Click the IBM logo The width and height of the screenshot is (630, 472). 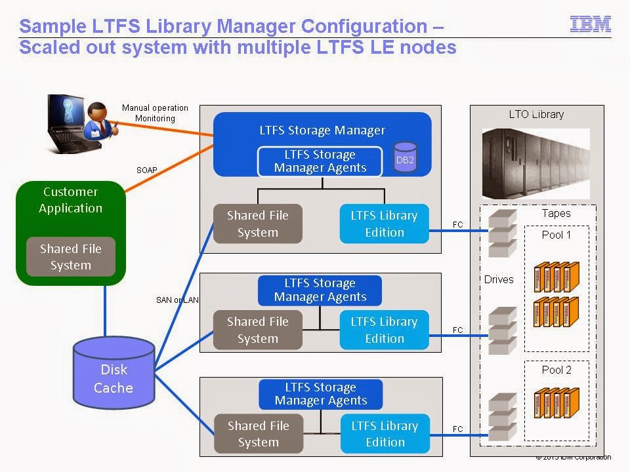(591, 24)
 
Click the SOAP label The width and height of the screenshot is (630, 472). (147, 170)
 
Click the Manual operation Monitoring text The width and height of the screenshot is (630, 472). (156, 113)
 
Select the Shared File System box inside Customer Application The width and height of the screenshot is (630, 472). (70, 257)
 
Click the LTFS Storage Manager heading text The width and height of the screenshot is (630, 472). (322, 130)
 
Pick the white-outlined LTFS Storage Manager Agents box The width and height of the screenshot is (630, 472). (320, 161)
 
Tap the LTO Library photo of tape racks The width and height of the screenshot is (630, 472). (535, 163)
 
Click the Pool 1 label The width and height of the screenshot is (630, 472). (556, 235)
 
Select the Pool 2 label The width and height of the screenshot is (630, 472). (556, 370)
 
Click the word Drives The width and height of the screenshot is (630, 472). (499, 279)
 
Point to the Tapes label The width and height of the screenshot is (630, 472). (556, 213)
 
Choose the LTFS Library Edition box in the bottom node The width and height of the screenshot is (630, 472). (385, 433)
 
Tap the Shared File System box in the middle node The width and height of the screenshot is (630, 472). (257, 330)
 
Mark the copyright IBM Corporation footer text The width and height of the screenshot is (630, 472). (574, 458)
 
